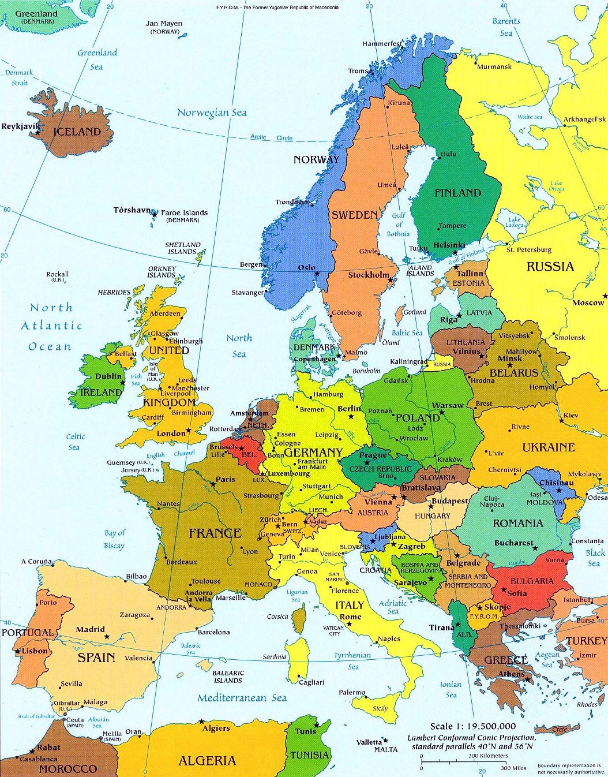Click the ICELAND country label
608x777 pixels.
point(77,132)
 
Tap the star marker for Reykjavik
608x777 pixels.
point(38,133)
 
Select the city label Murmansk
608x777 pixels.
point(494,66)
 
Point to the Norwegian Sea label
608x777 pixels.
point(212,113)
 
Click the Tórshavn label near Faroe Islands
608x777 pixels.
point(132,210)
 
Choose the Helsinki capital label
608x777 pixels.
point(449,245)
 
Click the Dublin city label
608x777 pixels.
point(108,376)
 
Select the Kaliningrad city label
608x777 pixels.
point(409,362)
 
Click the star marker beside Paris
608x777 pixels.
point(213,484)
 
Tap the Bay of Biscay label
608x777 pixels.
point(114,539)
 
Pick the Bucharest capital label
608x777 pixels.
point(513,543)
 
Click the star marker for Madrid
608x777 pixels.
point(107,636)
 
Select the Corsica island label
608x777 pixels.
point(277,617)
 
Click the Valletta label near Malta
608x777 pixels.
point(369,742)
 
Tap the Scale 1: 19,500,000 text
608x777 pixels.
point(473,726)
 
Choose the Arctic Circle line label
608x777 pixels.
point(271,137)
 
